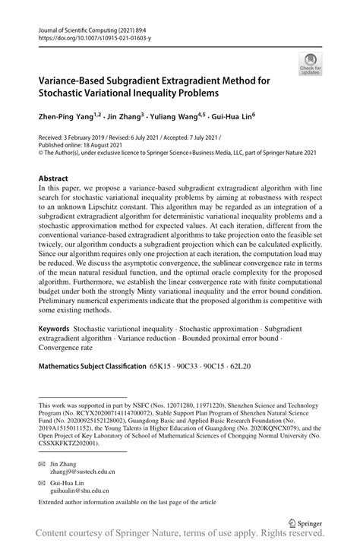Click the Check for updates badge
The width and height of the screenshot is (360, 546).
[x=309, y=65]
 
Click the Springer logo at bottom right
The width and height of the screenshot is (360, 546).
[x=297, y=522]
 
